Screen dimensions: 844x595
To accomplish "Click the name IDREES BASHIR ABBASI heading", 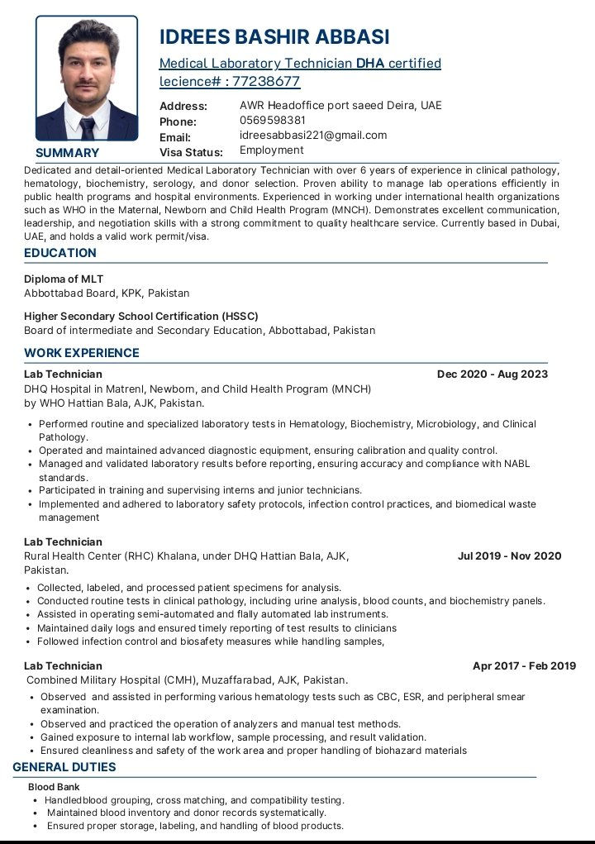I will (x=274, y=37).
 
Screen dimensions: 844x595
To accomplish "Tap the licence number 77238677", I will (x=266, y=81).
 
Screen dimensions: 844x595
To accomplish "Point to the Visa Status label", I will (x=191, y=152).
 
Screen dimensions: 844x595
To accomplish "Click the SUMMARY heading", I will (x=67, y=153).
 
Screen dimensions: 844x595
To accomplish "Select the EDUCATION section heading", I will (x=60, y=253).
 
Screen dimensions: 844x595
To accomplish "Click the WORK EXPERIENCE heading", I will (x=82, y=353).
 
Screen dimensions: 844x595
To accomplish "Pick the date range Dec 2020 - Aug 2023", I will (x=492, y=374).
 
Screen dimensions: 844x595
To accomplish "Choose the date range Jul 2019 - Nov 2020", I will (x=509, y=556).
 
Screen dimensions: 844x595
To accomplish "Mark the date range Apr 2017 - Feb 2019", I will (x=524, y=665).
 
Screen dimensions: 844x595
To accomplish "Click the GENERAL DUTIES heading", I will (x=64, y=767).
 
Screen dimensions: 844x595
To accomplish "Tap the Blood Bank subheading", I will (x=54, y=787).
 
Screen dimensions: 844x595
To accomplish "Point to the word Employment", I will (x=271, y=150).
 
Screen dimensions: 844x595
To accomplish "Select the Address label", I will (x=183, y=106).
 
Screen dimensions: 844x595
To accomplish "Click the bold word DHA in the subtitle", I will (x=370, y=63).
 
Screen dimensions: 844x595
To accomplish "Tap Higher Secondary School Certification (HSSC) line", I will (x=141, y=316).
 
